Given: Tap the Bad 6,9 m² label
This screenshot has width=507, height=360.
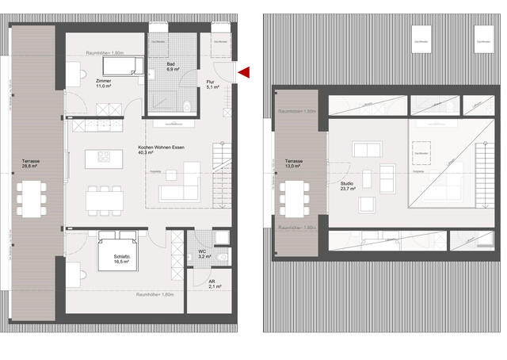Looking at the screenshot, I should (171, 67).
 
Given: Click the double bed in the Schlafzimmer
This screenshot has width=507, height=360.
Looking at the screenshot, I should (117, 250).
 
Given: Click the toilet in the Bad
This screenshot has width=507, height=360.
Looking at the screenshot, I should (187, 105).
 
